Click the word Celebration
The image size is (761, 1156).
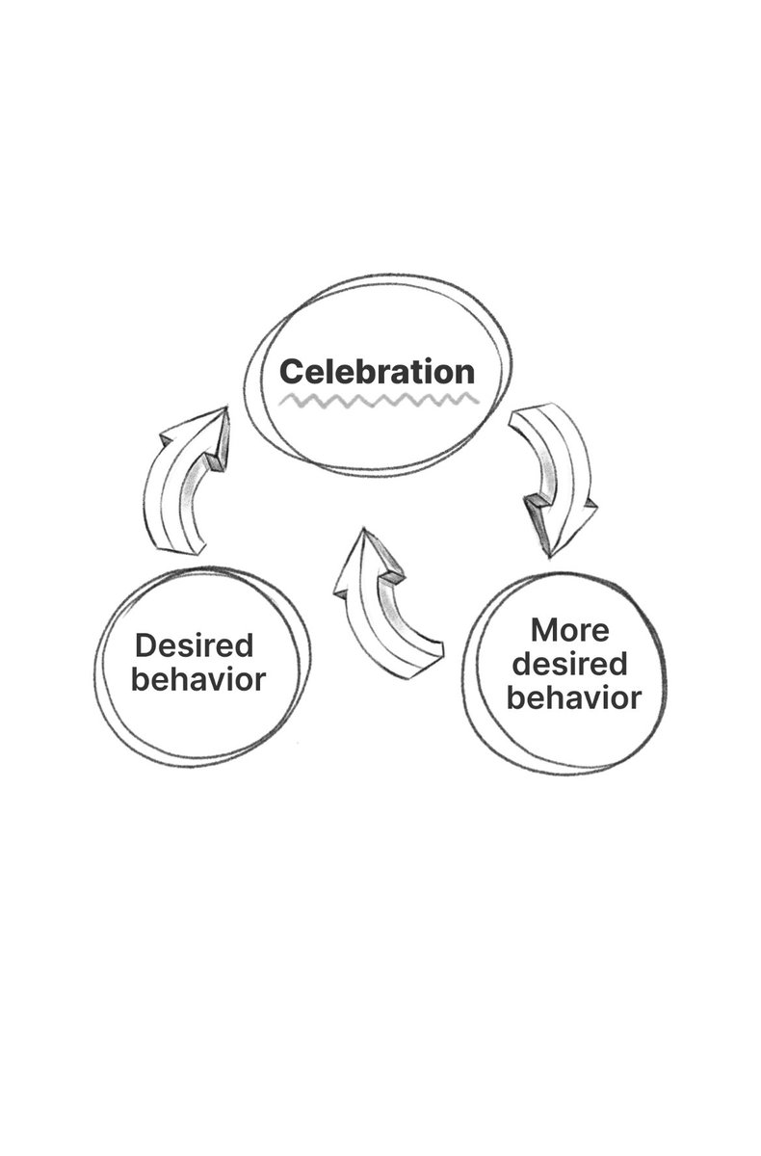(x=377, y=371)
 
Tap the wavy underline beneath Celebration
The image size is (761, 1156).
(x=377, y=398)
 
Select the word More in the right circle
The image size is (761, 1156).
(x=570, y=632)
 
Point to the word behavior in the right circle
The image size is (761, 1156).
(x=574, y=696)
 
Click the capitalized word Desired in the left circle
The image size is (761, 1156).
(x=194, y=645)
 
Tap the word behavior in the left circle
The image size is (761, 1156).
(x=198, y=679)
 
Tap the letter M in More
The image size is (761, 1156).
(x=546, y=632)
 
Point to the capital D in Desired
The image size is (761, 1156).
(x=144, y=645)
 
